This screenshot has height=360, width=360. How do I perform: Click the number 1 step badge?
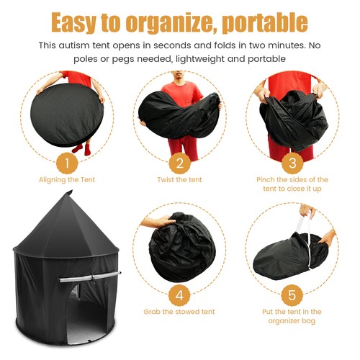tap(67, 163)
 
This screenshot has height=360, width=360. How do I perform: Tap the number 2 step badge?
tap(180, 163)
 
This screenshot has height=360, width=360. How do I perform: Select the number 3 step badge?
tap(292, 163)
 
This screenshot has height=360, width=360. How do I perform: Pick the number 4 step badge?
tap(180, 295)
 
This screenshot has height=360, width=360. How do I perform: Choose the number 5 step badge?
tap(292, 295)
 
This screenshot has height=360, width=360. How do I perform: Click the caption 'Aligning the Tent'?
tap(67, 179)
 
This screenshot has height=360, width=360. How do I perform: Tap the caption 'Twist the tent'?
tap(180, 179)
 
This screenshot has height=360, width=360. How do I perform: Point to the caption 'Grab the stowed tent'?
tap(180, 312)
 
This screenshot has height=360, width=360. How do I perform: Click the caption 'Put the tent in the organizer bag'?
tap(292, 316)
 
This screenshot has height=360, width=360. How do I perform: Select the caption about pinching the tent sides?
tap(292, 184)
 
